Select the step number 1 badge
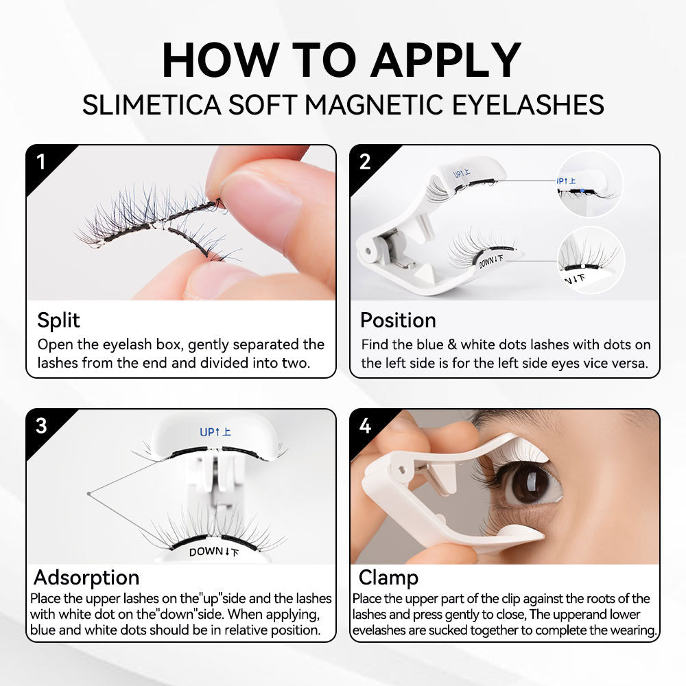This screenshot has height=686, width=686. point(41,162)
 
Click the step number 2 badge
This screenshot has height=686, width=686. point(365,162)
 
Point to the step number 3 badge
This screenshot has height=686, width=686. point(41,425)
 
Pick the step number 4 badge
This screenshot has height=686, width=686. point(365,425)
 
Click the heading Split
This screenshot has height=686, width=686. point(58,320)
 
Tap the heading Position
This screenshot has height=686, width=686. point(398,320)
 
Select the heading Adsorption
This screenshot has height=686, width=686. point(86,577)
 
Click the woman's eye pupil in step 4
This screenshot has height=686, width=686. point(530,485)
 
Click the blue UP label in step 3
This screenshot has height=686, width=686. point(215,432)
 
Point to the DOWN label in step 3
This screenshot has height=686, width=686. point(214,551)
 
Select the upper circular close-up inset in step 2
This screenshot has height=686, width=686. point(589,184)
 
